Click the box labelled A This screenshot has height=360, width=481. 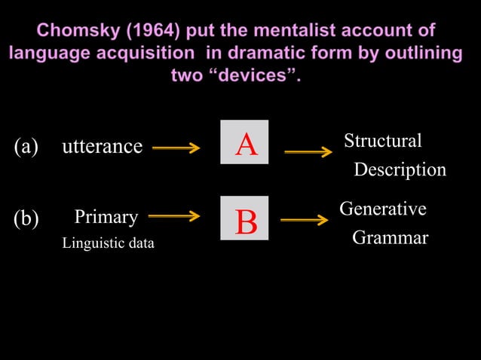tap(244, 144)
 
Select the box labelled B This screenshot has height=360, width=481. tap(244, 218)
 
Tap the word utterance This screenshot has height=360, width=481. tap(102, 146)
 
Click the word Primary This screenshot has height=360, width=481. tap(106, 218)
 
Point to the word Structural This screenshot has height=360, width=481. tap(382, 141)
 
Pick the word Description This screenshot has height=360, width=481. tap(400, 170)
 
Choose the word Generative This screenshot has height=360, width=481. tap(383, 208)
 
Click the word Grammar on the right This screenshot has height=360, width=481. tap(390, 238)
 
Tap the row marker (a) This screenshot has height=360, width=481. tap(26, 146)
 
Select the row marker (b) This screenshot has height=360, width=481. tap(26, 218)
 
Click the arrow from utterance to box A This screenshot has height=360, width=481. tap(176, 148)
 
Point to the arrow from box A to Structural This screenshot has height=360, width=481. tap(308, 152)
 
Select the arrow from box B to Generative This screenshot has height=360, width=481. tap(305, 221)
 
